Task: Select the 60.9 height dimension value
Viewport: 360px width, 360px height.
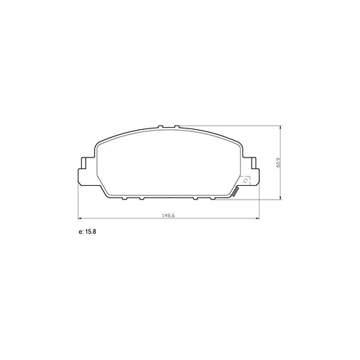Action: pos(278,163)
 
